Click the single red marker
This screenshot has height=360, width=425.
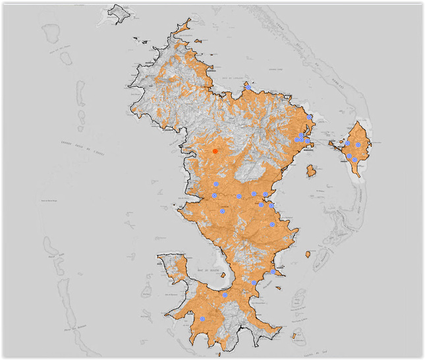215,152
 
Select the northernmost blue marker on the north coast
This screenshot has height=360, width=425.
248,87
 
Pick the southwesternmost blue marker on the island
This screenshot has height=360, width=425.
202,319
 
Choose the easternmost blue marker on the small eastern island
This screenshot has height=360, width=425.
358,145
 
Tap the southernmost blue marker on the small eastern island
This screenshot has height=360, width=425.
354,160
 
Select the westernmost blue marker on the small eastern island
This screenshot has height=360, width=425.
347,142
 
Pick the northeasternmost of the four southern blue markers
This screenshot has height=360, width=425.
273,272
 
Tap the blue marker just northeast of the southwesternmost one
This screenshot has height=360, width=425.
225,295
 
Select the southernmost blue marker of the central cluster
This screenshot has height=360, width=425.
272,225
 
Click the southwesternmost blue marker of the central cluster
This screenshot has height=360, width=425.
223,212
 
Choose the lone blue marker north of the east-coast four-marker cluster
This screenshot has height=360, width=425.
310,117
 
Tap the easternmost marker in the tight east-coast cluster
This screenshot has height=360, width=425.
308,140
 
